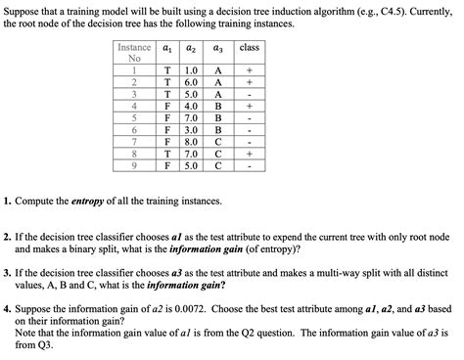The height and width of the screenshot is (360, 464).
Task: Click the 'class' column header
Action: [249, 47]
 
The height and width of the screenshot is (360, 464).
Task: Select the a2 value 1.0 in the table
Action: [192, 71]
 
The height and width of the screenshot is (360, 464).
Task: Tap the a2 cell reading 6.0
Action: [192, 83]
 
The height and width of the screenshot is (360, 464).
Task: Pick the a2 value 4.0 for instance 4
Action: [192, 107]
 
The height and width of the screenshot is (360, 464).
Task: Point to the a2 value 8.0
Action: [192, 142]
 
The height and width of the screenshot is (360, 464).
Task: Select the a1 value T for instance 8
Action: [168, 154]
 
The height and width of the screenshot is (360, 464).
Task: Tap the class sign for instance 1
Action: [249, 71]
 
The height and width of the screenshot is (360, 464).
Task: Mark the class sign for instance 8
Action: [249, 154]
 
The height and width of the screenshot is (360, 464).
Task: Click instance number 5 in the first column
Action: [130, 118]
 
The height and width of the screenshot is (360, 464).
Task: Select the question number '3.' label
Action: [8, 273]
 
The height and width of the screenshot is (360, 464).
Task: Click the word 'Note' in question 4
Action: [26, 334]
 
